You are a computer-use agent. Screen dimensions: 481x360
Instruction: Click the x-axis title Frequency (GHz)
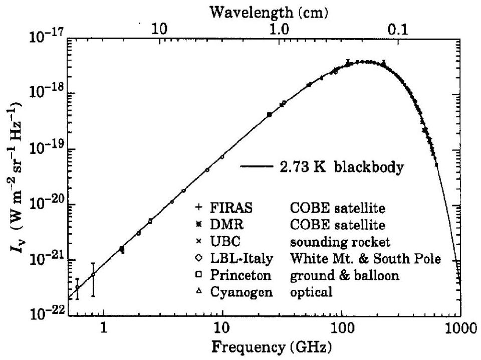click(272, 347)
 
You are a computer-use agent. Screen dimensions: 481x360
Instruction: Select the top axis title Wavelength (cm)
click(269, 12)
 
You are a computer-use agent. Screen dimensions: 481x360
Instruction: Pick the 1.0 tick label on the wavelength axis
click(280, 30)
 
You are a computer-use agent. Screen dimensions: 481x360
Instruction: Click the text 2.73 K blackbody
click(342, 168)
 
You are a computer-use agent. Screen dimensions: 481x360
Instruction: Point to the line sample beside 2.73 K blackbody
click(257, 166)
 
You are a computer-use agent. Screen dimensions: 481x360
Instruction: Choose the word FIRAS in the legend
click(231, 208)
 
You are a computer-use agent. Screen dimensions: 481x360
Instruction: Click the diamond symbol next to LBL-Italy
click(199, 258)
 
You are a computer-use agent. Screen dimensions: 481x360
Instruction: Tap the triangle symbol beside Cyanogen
click(199, 291)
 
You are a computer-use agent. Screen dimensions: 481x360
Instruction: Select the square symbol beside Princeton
click(199, 274)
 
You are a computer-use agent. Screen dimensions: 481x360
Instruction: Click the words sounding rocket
click(340, 242)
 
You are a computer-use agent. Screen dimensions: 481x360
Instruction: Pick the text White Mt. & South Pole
click(365, 258)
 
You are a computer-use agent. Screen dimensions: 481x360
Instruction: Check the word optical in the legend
click(311, 292)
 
